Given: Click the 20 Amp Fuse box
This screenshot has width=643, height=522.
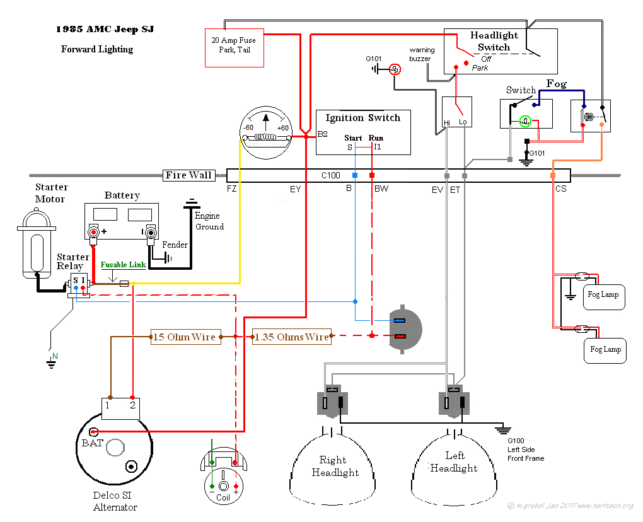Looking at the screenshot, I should point(234,47).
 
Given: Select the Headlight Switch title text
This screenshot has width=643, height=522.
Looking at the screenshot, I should point(494,41).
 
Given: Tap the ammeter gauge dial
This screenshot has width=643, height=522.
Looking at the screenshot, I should point(265,129).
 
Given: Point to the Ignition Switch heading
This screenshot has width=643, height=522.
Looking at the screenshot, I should point(362,118).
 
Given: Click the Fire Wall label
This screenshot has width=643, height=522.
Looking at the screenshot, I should point(188,175).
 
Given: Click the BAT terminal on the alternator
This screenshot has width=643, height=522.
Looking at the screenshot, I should point(93,432).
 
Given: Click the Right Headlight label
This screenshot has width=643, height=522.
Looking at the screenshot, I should point(335,467).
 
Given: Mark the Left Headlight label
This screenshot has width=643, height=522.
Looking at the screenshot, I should point(454,462).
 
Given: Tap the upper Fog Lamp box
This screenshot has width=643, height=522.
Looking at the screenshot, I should point(603,295).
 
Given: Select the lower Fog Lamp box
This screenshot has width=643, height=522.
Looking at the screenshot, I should point(605,349).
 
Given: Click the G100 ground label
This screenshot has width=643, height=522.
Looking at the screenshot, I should point(516,441).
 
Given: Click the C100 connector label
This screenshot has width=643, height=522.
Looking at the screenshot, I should point(331,175).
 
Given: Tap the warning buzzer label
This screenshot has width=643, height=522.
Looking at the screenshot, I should point(421,54).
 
